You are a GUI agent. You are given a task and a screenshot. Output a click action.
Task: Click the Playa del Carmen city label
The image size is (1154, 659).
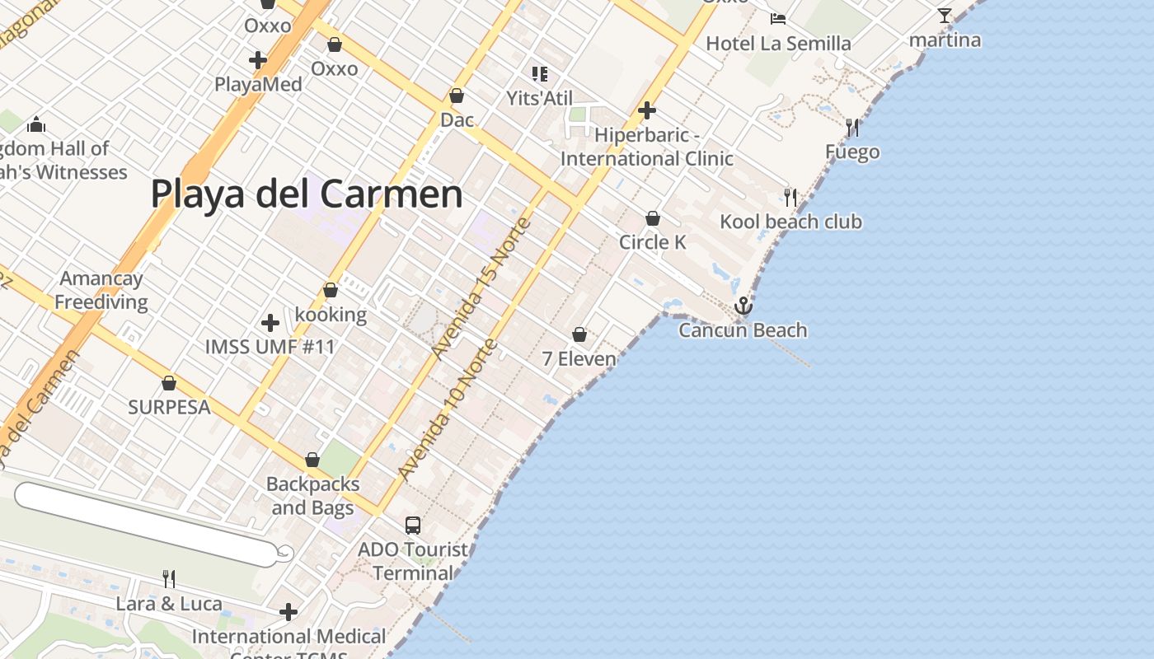coord(307,194)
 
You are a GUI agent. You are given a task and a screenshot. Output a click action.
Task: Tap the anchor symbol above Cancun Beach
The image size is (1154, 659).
coord(744,306)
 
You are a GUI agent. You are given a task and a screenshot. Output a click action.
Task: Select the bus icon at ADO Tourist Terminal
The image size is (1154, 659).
coord(413,525)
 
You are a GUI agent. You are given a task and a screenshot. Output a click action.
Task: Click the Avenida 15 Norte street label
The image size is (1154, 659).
coord(481,288)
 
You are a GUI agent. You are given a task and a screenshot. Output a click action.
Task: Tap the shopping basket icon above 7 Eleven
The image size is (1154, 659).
coord(579,334)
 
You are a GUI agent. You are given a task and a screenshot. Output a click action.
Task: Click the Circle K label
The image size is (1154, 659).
coord(652,242)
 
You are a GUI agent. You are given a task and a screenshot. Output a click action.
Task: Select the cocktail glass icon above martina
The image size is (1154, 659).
coord(945,16)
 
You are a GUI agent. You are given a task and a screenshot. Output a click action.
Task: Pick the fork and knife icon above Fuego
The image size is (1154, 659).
coord(852,128)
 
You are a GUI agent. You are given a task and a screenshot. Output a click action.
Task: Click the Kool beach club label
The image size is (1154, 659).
coord(790,222)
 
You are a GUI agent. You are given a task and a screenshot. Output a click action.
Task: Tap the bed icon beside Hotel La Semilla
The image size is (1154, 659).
coord(777,18)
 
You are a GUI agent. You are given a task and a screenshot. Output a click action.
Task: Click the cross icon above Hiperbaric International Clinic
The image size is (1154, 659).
coord(647,110)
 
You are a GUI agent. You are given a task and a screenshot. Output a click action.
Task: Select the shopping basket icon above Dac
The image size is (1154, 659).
coord(457,96)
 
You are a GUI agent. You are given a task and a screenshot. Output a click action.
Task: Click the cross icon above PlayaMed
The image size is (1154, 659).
coord(258,59)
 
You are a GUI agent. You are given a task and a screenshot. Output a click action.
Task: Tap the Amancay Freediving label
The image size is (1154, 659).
coord(101,290)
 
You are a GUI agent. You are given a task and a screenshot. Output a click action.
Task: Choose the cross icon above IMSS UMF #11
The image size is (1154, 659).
coord(270,322)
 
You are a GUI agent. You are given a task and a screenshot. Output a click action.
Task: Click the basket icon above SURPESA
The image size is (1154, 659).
coord(169,383)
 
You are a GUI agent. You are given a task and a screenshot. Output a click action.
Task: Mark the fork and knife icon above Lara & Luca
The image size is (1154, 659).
coord(169,578)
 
